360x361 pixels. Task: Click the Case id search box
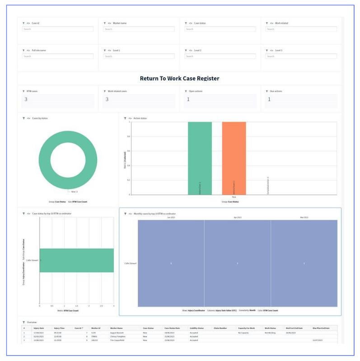pyautogui.click(x=58, y=29)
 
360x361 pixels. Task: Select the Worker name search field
pyautogui.click(x=139, y=29)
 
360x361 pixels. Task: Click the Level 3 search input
pyautogui.click(x=301, y=56)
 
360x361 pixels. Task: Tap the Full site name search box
pyautogui.click(x=58, y=56)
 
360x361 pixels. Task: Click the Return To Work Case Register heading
pyautogui.click(x=179, y=78)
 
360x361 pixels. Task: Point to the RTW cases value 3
pyautogui.click(x=26, y=99)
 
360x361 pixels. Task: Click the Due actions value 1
pyautogui.click(x=269, y=99)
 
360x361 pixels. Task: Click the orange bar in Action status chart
pyautogui.click(x=234, y=158)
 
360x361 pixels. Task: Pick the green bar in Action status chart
pyautogui.click(x=200, y=158)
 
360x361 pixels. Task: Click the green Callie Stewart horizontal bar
pyautogui.click(x=76, y=260)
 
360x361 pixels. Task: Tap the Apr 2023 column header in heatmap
pyautogui.click(x=237, y=217)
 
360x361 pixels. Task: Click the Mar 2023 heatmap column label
pyautogui.click(x=304, y=217)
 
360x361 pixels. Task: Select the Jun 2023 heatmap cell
pyautogui.click(x=171, y=263)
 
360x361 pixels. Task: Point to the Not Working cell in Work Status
pyautogui.click(x=270, y=333)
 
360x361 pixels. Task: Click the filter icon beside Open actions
pyautogui.click(x=186, y=91)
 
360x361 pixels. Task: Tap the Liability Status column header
pyautogui.click(x=196, y=328)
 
